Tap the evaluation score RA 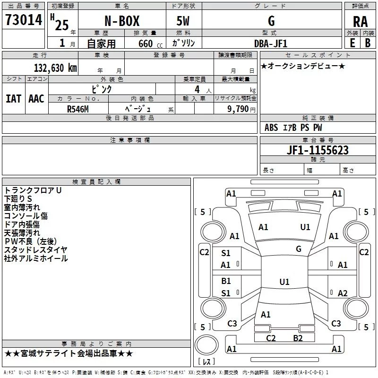(360, 22)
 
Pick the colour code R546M (78, 108)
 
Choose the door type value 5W (184, 21)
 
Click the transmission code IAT (13, 99)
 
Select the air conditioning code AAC (36, 99)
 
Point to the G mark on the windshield (298, 249)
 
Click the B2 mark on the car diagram (298, 338)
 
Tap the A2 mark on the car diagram (343, 293)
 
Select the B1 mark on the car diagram (226, 281)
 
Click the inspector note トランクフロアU (33, 190)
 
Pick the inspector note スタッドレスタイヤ (36, 250)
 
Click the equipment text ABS (271, 128)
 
